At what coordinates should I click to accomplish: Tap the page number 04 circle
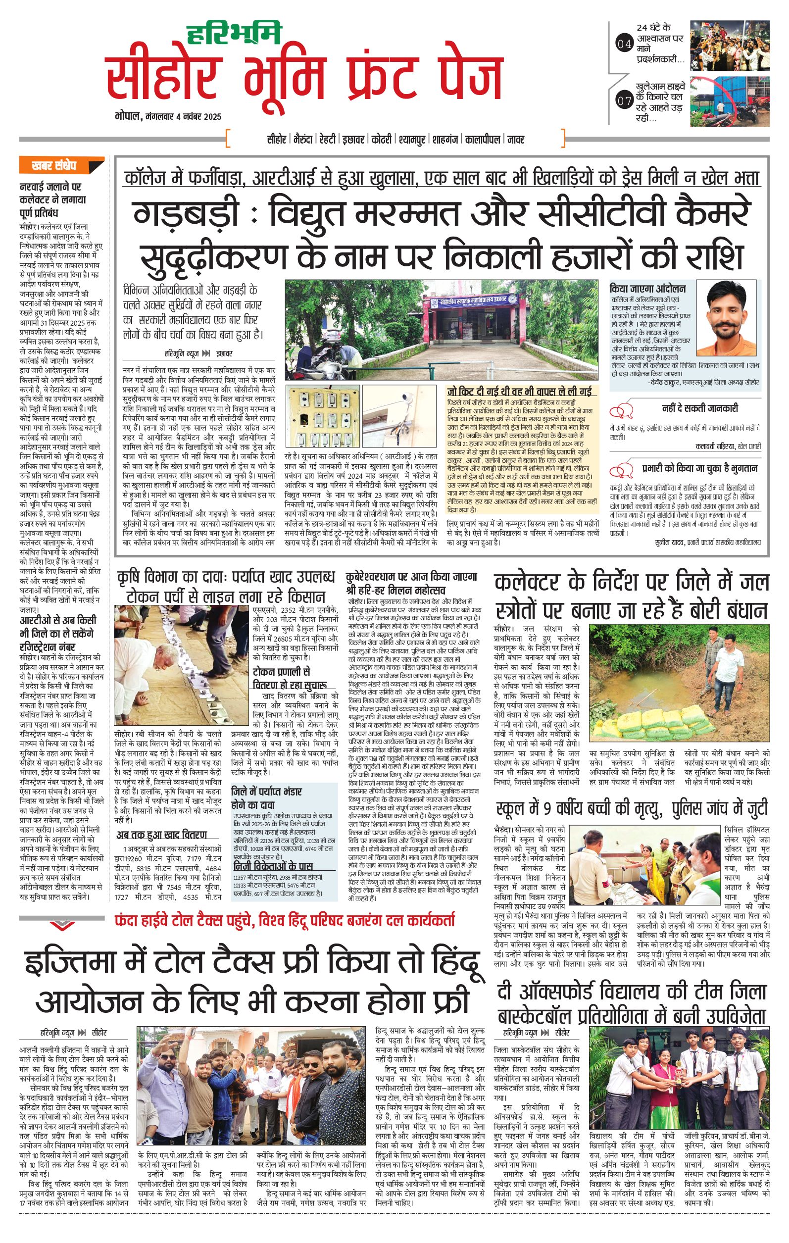pos(624,45)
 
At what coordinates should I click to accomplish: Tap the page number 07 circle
pos(624,100)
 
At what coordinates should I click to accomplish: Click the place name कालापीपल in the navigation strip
pos(482,140)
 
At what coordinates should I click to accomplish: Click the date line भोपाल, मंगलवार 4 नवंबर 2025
pos(168,117)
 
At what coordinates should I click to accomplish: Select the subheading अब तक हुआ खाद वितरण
pos(161,835)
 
